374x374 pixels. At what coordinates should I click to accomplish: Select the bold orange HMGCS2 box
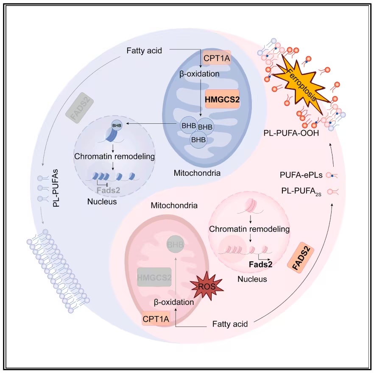(x=222, y=99)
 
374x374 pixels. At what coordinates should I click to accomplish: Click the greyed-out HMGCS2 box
(x=154, y=277)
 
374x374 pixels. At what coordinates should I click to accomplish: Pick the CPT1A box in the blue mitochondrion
(x=217, y=58)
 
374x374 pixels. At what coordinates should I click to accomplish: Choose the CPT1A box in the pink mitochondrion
(x=156, y=319)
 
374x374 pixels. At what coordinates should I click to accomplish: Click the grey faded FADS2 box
(x=80, y=108)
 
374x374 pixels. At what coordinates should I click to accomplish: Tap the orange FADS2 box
(x=301, y=258)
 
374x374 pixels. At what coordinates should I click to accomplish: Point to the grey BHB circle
(x=175, y=244)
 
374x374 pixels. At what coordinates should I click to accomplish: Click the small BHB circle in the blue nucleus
(x=117, y=125)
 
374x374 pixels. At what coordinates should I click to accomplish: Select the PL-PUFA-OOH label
(x=291, y=133)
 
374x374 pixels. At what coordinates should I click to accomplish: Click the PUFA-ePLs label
(x=301, y=175)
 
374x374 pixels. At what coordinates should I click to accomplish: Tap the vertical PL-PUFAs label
(x=56, y=188)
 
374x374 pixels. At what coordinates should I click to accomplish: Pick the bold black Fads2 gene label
(x=260, y=264)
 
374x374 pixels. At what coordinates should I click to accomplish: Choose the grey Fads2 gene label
(x=108, y=190)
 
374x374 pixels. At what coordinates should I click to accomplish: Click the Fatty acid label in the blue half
(x=144, y=50)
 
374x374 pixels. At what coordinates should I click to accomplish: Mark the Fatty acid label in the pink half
(x=230, y=324)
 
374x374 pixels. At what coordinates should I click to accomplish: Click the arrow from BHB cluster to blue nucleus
(x=151, y=123)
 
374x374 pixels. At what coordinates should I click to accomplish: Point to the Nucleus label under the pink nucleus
(x=252, y=279)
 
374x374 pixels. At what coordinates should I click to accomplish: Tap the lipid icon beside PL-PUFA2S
(x=333, y=191)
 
